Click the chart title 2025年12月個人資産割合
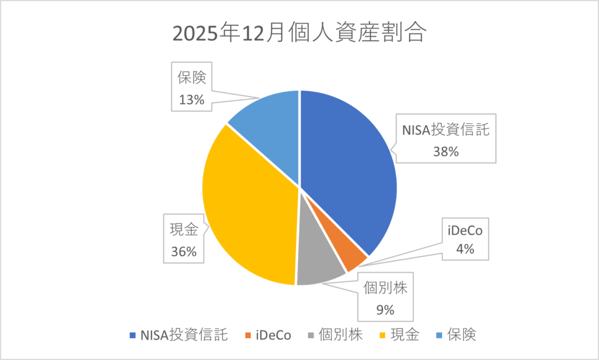pos(299,33)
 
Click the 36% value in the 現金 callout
pos(183,252)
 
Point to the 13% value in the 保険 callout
pos(191,100)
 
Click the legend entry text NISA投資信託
pos(183,335)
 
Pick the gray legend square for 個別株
pos(311,335)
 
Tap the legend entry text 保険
pos(462,335)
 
